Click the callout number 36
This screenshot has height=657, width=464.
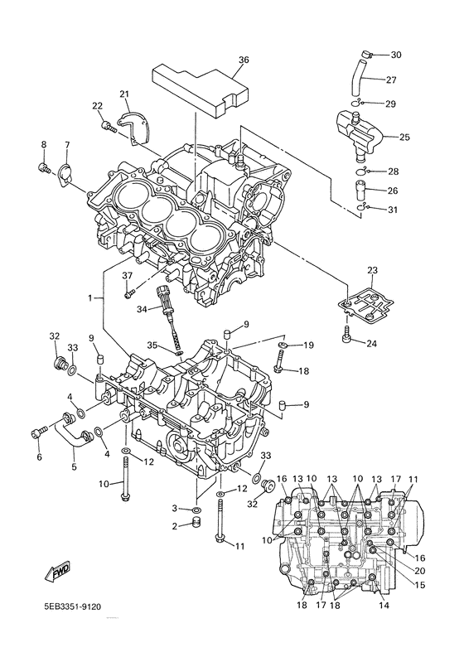[243, 60]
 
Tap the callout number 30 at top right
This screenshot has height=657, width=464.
[395, 55]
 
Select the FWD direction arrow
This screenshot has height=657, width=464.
[49, 572]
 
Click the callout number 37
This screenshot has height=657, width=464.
[128, 275]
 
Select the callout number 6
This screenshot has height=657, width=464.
[38, 457]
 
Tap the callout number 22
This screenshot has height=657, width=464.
[97, 105]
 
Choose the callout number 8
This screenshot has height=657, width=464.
[43, 145]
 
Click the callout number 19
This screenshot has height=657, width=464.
[307, 345]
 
